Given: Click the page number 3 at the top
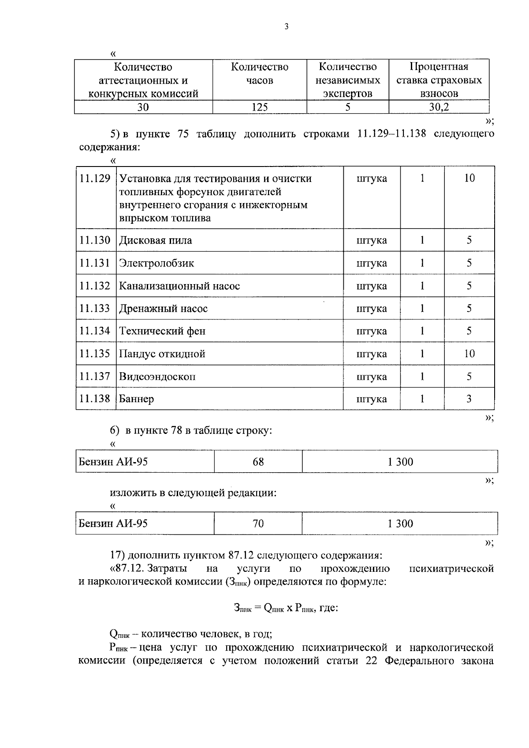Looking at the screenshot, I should coord(286,27).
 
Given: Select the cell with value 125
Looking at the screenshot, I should coord(259,107).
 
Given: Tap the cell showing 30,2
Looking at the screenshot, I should coord(439,107).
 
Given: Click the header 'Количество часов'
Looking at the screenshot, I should coord(259,74).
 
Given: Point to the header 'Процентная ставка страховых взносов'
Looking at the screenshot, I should coord(439,80).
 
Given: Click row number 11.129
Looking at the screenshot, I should coord(95,178).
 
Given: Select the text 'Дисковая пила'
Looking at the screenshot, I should coord(155,241).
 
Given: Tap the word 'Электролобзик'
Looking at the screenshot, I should coord(156,263).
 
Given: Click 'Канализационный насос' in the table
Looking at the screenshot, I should coord(179,286).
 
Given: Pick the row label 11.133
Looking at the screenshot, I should coord(95,308).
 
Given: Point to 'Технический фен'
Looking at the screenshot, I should coord(162,331).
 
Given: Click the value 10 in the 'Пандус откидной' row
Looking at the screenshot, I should coord(469,354).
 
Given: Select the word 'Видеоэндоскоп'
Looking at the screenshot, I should coord(157,377).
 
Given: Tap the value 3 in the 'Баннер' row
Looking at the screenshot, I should coord(469,399).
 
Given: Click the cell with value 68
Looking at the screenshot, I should coord(258,462).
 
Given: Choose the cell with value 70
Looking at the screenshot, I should coord(258,523).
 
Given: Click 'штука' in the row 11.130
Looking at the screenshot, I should coord(371,241).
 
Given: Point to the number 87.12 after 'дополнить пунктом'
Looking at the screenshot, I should coord(242,555).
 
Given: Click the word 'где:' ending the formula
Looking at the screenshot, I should coord(327,608).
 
